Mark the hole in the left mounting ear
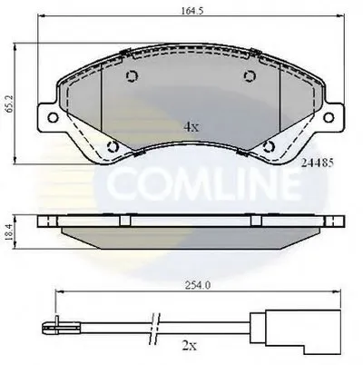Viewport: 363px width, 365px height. (51, 116)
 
